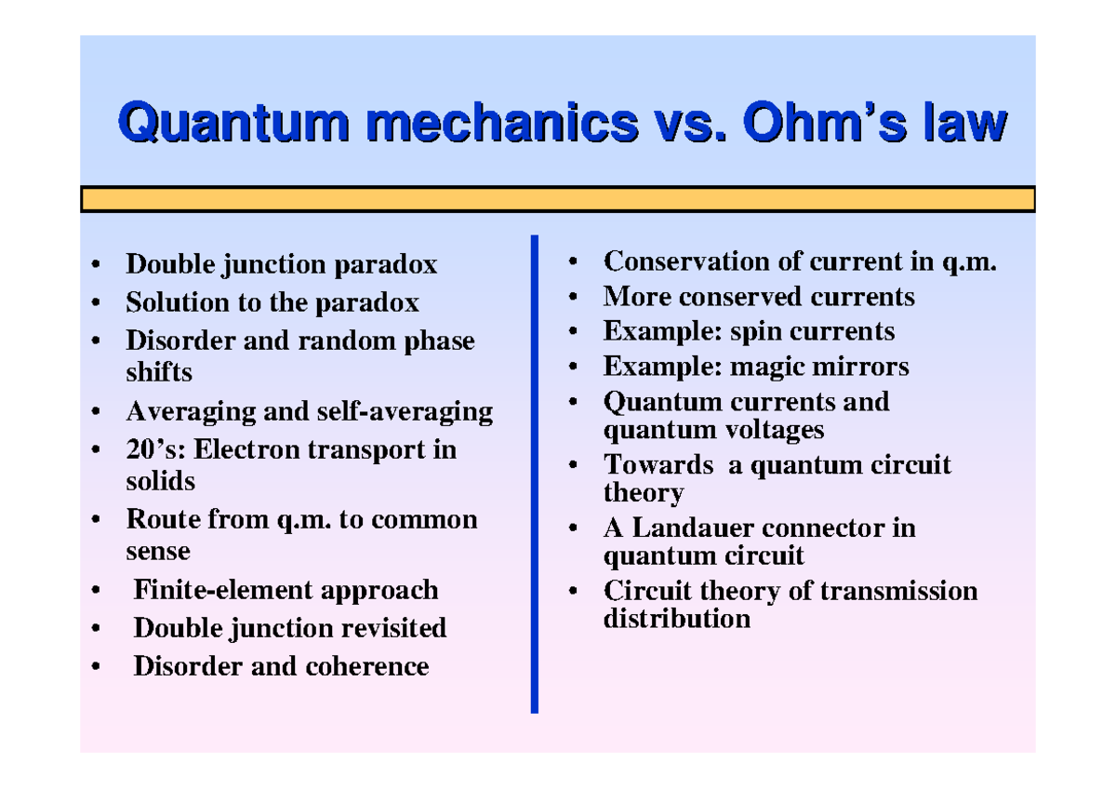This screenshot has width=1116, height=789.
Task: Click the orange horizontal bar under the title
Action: pos(558,199)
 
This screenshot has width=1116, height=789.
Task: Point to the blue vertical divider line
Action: pos(535,474)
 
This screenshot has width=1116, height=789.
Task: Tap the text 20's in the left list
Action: pos(149,449)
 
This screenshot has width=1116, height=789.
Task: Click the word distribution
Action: pos(676,618)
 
